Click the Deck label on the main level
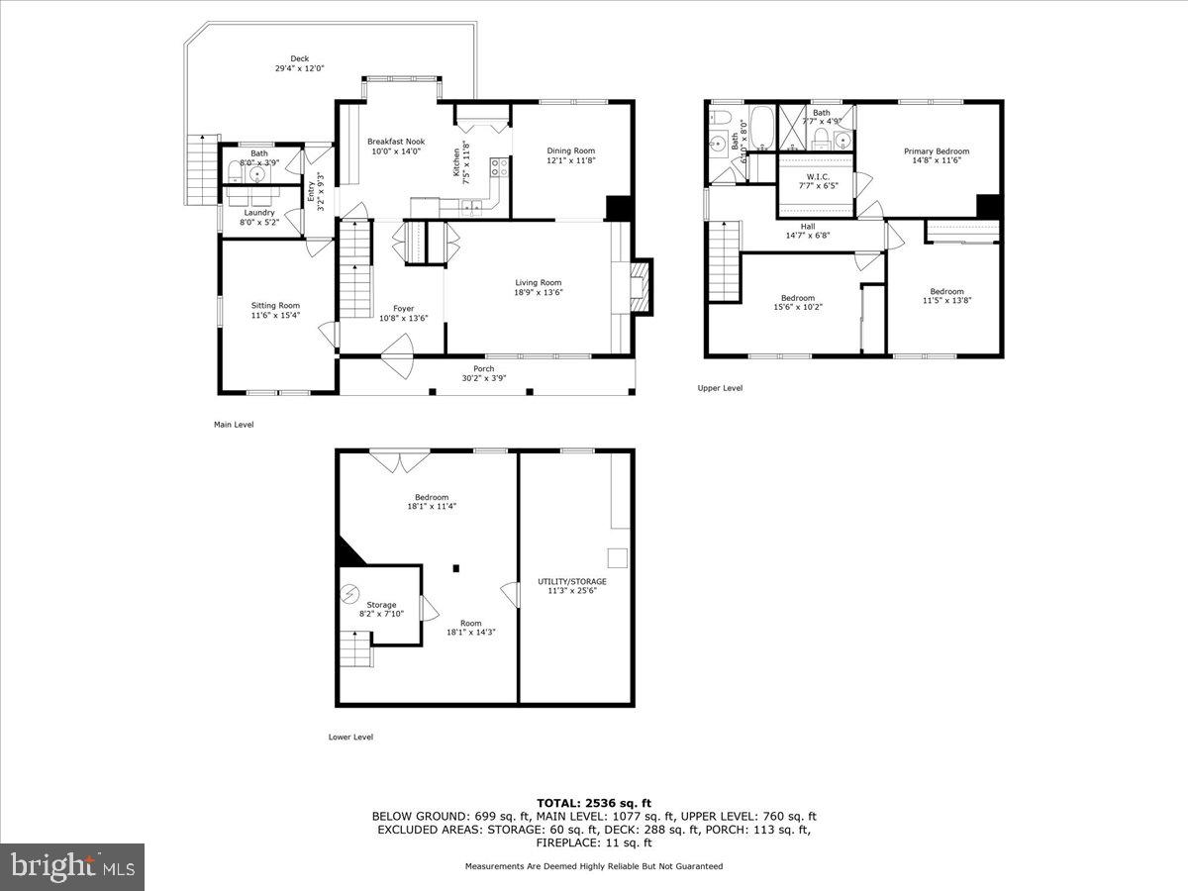(299, 58)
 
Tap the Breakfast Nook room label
(395, 142)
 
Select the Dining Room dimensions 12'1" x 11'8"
(571, 160)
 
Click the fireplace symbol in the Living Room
(641, 287)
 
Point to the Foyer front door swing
(396, 347)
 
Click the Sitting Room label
(275, 306)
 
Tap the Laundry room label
(259, 212)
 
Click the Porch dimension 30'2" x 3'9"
(484, 378)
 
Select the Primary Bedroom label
(936, 151)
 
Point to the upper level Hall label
(794, 226)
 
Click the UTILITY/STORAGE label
(572, 581)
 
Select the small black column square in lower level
(455, 568)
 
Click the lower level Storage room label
(381, 605)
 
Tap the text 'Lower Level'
(350, 737)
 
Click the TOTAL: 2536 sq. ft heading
(594, 803)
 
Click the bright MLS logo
(72, 867)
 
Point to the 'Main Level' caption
(234, 425)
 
